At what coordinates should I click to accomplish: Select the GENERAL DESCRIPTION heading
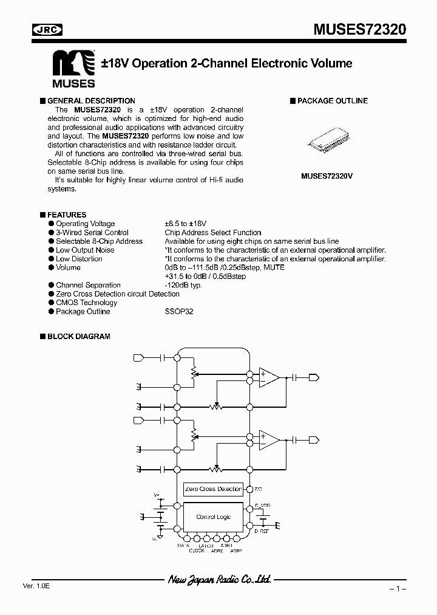[x=91, y=101]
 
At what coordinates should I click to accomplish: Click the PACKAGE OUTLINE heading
[x=332, y=101]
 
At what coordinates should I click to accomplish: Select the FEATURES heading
[x=67, y=215]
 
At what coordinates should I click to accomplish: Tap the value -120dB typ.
[x=183, y=285]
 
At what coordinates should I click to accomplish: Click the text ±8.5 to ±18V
[x=185, y=224]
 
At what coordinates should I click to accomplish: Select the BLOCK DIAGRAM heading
[x=78, y=336]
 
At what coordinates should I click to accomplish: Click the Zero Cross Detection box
[x=213, y=489]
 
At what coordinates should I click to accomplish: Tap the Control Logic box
[x=213, y=517]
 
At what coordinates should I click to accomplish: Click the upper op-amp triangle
[x=268, y=377]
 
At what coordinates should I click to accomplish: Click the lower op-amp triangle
[x=268, y=439]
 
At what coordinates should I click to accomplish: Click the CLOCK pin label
[x=197, y=551]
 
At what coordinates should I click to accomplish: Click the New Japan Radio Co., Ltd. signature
[x=219, y=580]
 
